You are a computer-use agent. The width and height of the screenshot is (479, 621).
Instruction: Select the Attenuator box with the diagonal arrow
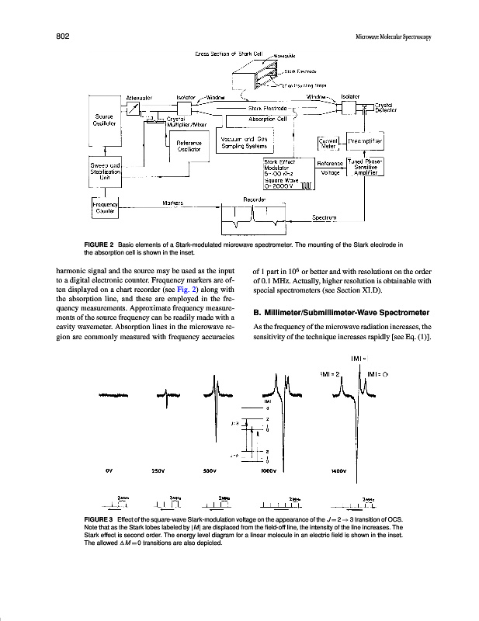pos(133,110)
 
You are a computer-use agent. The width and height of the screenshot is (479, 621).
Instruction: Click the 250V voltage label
pos(158,470)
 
